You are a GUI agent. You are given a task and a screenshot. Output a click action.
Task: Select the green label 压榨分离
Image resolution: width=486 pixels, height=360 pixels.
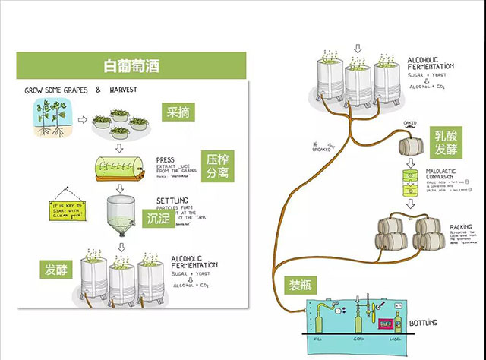click(215, 168)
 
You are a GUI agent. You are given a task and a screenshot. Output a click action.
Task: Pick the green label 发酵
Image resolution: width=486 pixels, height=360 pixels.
click(57, 270)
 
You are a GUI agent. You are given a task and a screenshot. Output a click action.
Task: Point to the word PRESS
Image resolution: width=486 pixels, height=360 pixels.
click(165, 160)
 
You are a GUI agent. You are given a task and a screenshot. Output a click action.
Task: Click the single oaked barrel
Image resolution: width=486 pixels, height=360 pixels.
click(414, 146)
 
